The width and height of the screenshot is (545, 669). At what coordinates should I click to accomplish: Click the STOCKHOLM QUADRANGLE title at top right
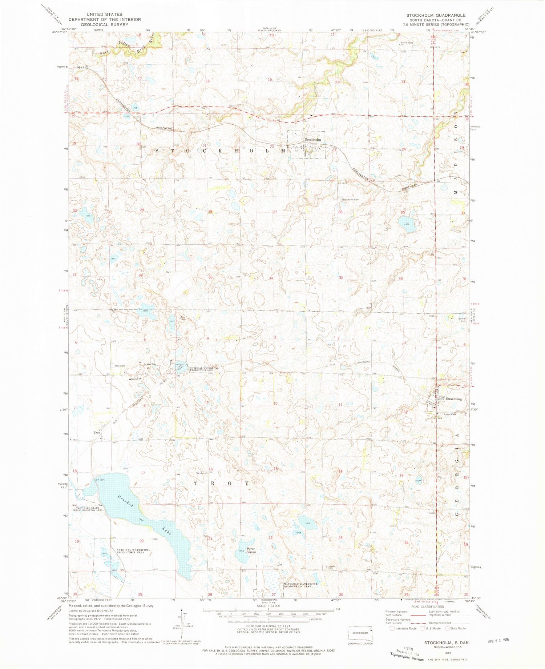(436, 15)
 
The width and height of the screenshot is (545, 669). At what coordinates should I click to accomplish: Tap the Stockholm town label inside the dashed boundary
(313, 140)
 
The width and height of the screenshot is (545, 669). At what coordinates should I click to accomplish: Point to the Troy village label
(97, 433)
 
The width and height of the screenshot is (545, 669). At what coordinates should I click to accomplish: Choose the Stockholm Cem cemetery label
(350, 200)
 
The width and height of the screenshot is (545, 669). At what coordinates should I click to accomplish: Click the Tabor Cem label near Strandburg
(449, 414)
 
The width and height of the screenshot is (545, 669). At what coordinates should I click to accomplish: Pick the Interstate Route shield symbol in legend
(392, 628)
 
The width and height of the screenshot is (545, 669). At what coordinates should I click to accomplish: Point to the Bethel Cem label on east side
(463, 320)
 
